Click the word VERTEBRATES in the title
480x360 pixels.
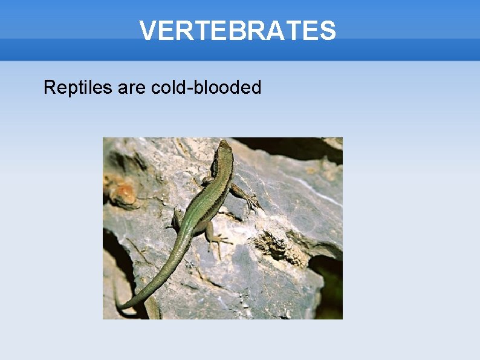coord(237,30)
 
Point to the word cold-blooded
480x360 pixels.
coord(206,88)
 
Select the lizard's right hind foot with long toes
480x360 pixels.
coord(220,241)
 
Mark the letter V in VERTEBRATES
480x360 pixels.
coord(146,30)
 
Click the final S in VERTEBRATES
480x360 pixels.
coord(328,30)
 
